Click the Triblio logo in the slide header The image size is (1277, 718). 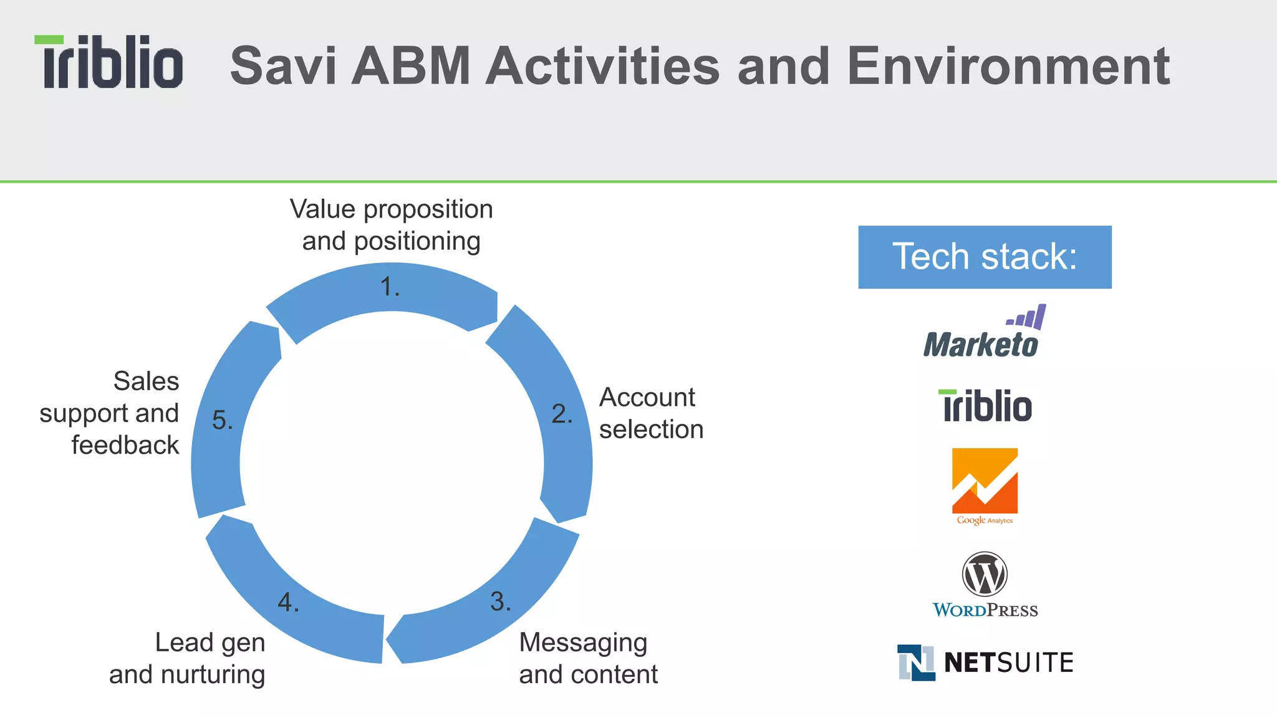pyautogui.click(x=108, y=62)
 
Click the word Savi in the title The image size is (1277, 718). pyautogui.click(x=284, y=66)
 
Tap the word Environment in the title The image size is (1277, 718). pyautogui.click(x=1008, y=66)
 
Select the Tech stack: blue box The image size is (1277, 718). pyautogui.click(x=985, y=257)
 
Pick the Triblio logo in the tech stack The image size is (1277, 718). pyautogui.click(x=985, y=406)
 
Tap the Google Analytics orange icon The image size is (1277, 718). pyautogui.click(x=985, y=481)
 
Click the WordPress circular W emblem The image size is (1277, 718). pyautogui.click(x=985, y=574)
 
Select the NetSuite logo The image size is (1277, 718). pyautogui.click(x=985, y=662)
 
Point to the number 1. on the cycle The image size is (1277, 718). pyautogui.click(x=390, y=287)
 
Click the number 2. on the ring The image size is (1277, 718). pyautogui.click(x=562, y=414)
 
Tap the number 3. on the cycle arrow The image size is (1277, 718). pyautogui.click(x=500, y=601)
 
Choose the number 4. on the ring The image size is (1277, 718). pyautogui.click(x=288, y=602)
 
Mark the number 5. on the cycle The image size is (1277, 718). pyautogui.click(x=222, y=420)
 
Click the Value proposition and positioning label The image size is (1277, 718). pyautogui.click(x=392, y=225)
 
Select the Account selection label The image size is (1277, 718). pyautogui.click(x=651, y=413)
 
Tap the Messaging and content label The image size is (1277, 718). pyautogui.click(x=588, y=658)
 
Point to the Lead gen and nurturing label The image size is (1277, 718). pyautogui.click(x=187, y=658)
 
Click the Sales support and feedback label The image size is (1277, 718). pyautogui.click(x=110, y=413)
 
